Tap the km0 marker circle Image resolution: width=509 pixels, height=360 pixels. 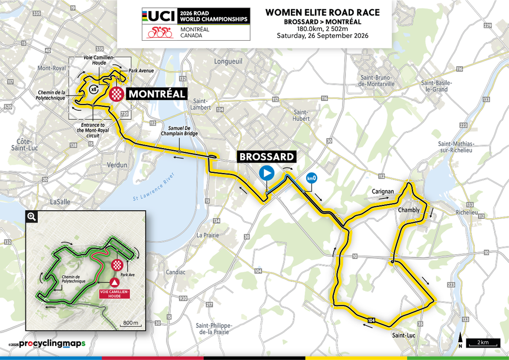(x=312, y=178)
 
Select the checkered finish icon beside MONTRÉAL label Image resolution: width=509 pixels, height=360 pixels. (x=116, y=94)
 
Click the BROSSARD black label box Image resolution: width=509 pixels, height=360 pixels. (x=266, y=157)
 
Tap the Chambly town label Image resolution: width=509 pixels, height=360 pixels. (x=409, y=210)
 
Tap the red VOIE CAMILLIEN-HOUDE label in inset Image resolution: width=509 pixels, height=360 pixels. (x=114, y=293)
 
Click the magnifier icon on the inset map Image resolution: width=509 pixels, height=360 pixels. (x=31, y=216)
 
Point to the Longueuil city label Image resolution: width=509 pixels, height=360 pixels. (x=226, y=62)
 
